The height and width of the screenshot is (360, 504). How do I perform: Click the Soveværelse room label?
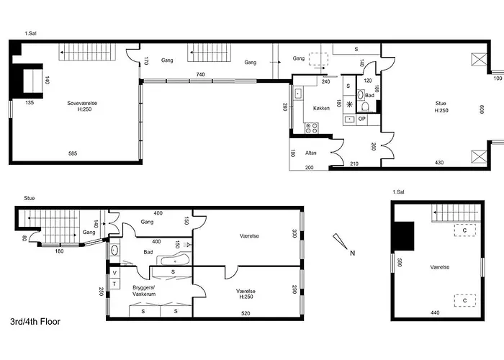pyautogui.click(x=82, y=103)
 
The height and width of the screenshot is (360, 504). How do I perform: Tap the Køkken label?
pyautogui.click(x=321, y=108)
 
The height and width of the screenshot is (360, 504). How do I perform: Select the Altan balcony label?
pyautogui.click(x=310, y=153)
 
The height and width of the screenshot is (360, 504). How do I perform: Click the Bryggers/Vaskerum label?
pyautogui.click(x=144, y=291)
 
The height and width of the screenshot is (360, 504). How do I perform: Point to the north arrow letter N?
pyautogui.click(x=352, y=253)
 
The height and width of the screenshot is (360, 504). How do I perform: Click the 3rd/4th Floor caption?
pyautogui.click(x=35, y=322)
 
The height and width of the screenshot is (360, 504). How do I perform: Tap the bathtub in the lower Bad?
pyautogui.click(x=174, y=259)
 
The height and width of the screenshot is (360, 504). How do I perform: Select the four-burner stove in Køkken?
pyautogui.click(x=311, y=128)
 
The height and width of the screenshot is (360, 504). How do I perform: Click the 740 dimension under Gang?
pyautogui.click(x=200, y=75)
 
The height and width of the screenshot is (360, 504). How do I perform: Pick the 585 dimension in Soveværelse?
pyautogui.click(x=73, y=153)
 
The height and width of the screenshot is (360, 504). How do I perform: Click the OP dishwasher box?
pyautogui.click(x=362, y=119)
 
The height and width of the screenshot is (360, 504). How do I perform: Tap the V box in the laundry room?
pyautogui.click(x=114, y=273)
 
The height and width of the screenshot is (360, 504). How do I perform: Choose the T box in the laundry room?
pyautogui.click(x=114, y=284)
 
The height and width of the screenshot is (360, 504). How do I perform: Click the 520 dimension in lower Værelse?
pyautogui.click(x=246, y=313)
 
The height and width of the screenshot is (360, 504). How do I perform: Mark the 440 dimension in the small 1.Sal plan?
pyautogui.click(x=435, y=312)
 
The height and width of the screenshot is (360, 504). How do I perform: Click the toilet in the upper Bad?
pyautogui.click(x=365, y=107)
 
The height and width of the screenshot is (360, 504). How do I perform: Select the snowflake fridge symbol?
pyautogui.click(x=349, y=104)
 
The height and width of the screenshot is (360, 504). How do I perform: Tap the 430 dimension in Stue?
pyautogui.click(x=439, y=163)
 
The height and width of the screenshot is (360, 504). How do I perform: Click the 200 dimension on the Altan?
pyautogui.click(x=309, y=168)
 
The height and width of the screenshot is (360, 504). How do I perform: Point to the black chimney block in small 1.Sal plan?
pyautogui.click(x=404, y=236)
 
